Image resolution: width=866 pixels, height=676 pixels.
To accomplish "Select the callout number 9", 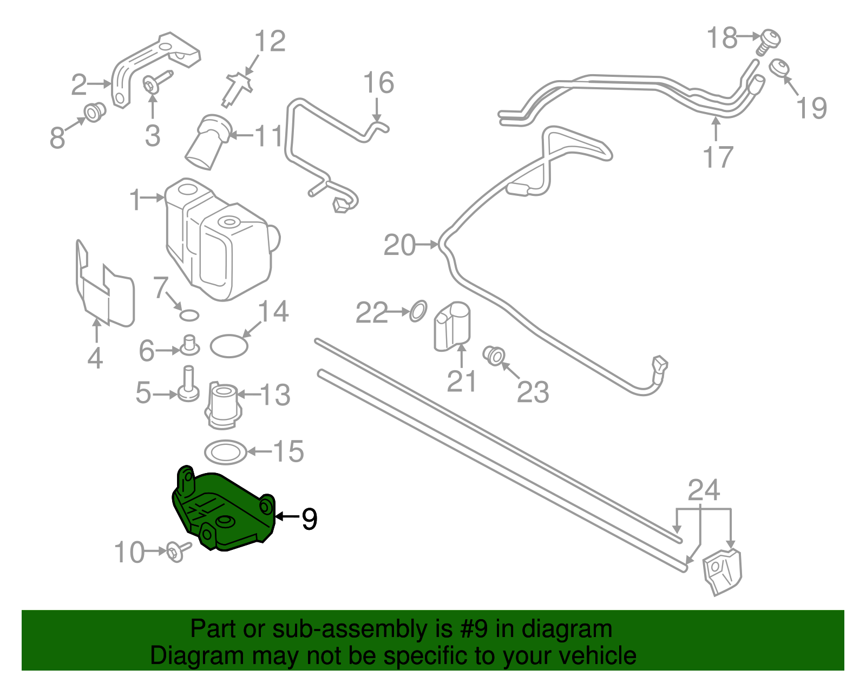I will (309, 519).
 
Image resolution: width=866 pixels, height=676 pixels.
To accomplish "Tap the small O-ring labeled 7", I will (189, 315).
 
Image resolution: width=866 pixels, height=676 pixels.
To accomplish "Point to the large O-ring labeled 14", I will (229, 346).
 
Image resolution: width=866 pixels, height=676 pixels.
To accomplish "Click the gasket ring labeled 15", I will (226, 452).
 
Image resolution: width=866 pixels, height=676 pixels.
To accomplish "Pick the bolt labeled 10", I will (177, 552).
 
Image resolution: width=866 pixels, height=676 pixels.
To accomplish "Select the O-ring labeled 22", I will (418, 311).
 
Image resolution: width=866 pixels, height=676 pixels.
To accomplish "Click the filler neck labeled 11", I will (208, 141).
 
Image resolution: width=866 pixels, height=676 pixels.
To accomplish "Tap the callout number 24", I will (703, 490).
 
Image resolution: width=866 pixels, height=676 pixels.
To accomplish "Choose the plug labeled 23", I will (494, 356).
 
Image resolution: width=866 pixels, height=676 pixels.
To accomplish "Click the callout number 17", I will (717, 157).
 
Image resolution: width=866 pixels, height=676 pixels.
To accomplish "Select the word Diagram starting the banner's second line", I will (196, 655).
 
